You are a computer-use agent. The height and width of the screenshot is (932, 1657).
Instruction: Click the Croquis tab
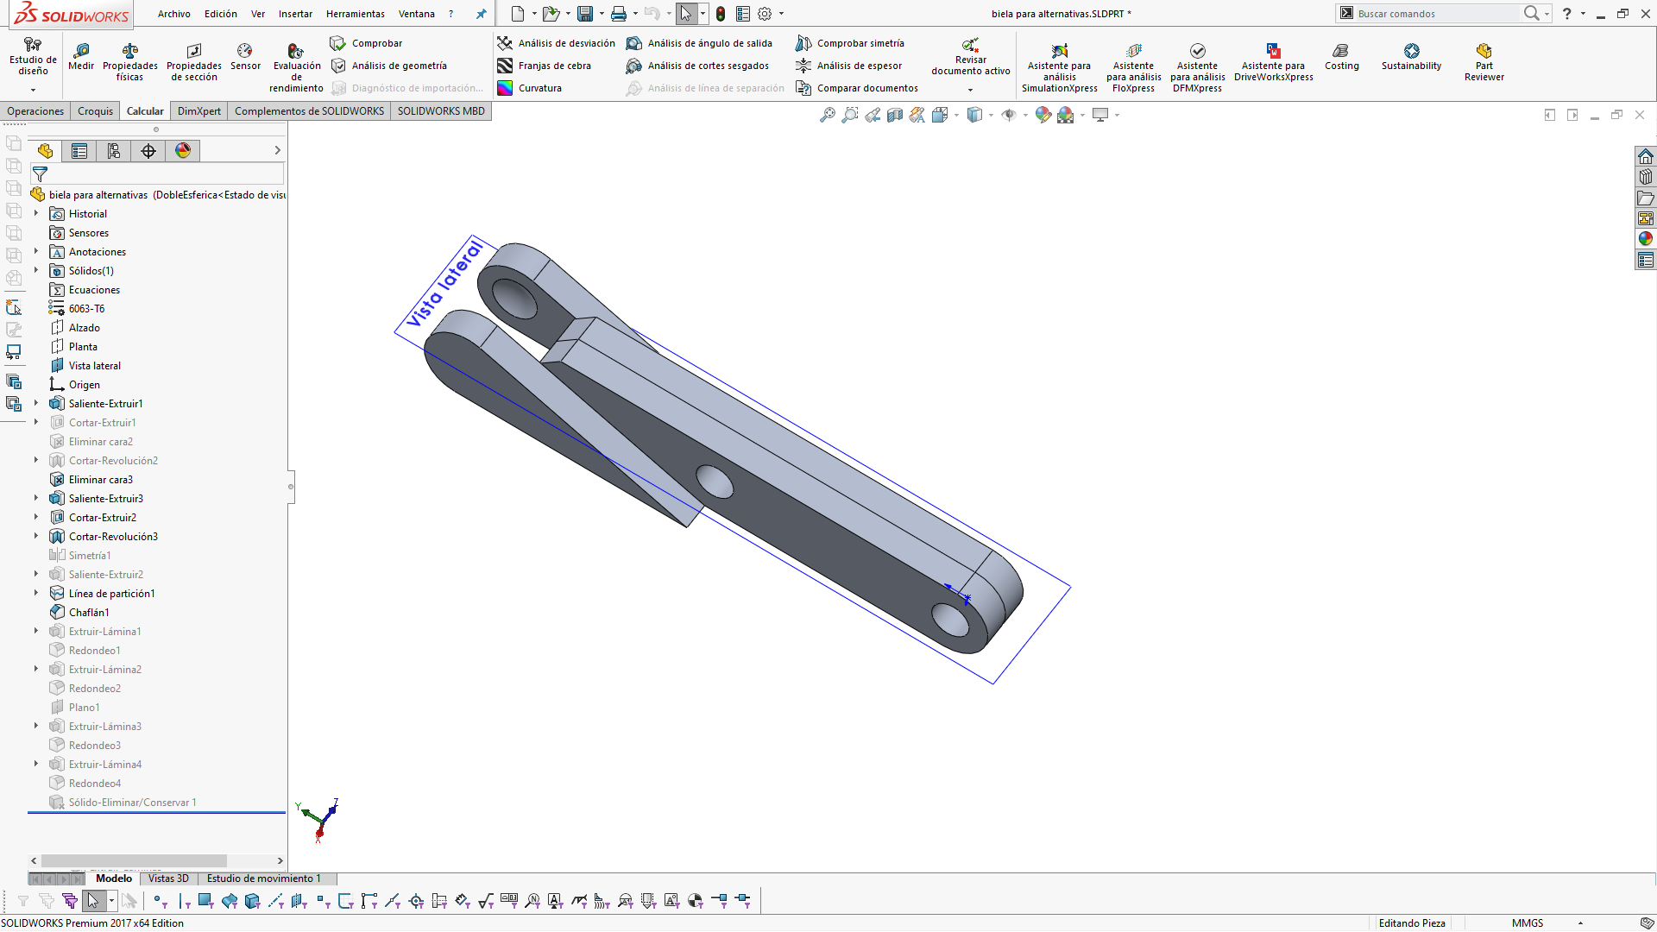[95, 111]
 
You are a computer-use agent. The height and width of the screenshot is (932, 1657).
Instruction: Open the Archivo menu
[173, 14]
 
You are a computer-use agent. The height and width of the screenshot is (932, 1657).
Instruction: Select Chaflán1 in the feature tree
[89, 613]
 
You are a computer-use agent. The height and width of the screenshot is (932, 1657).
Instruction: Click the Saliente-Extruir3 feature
[105, 499]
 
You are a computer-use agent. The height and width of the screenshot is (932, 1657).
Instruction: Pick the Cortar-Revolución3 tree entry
[113, 537]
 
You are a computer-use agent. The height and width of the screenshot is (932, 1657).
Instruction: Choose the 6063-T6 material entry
[86, 309]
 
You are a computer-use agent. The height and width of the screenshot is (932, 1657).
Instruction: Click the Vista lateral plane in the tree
[94, 366]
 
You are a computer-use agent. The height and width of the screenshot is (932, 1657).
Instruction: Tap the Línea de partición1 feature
[111, 594]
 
